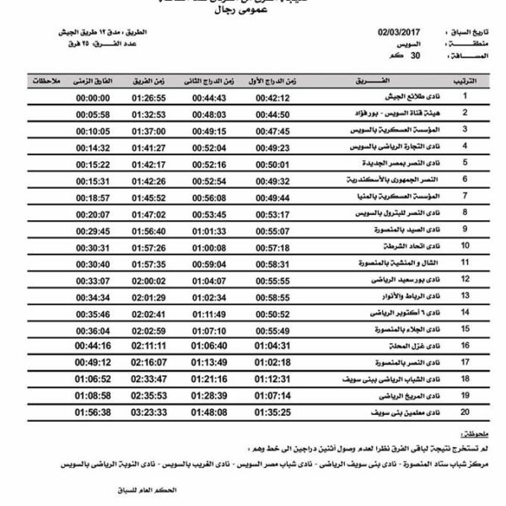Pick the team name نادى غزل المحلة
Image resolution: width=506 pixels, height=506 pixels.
(401, 345)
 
